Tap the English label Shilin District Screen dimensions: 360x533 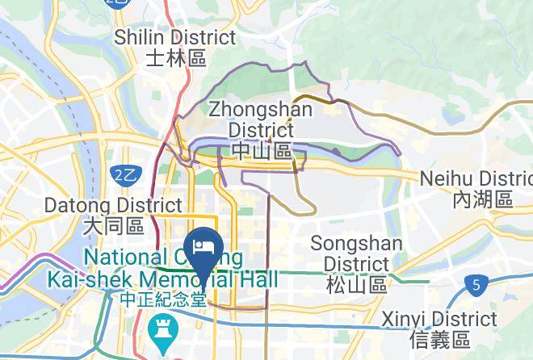coord(175,37)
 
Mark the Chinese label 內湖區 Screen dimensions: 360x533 coord(483,199)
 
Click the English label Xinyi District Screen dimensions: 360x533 coord(439,318)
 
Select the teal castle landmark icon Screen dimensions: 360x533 coord(162,330)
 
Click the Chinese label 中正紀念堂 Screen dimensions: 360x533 coord(162,298)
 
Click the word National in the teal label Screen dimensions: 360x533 coord(124,257)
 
